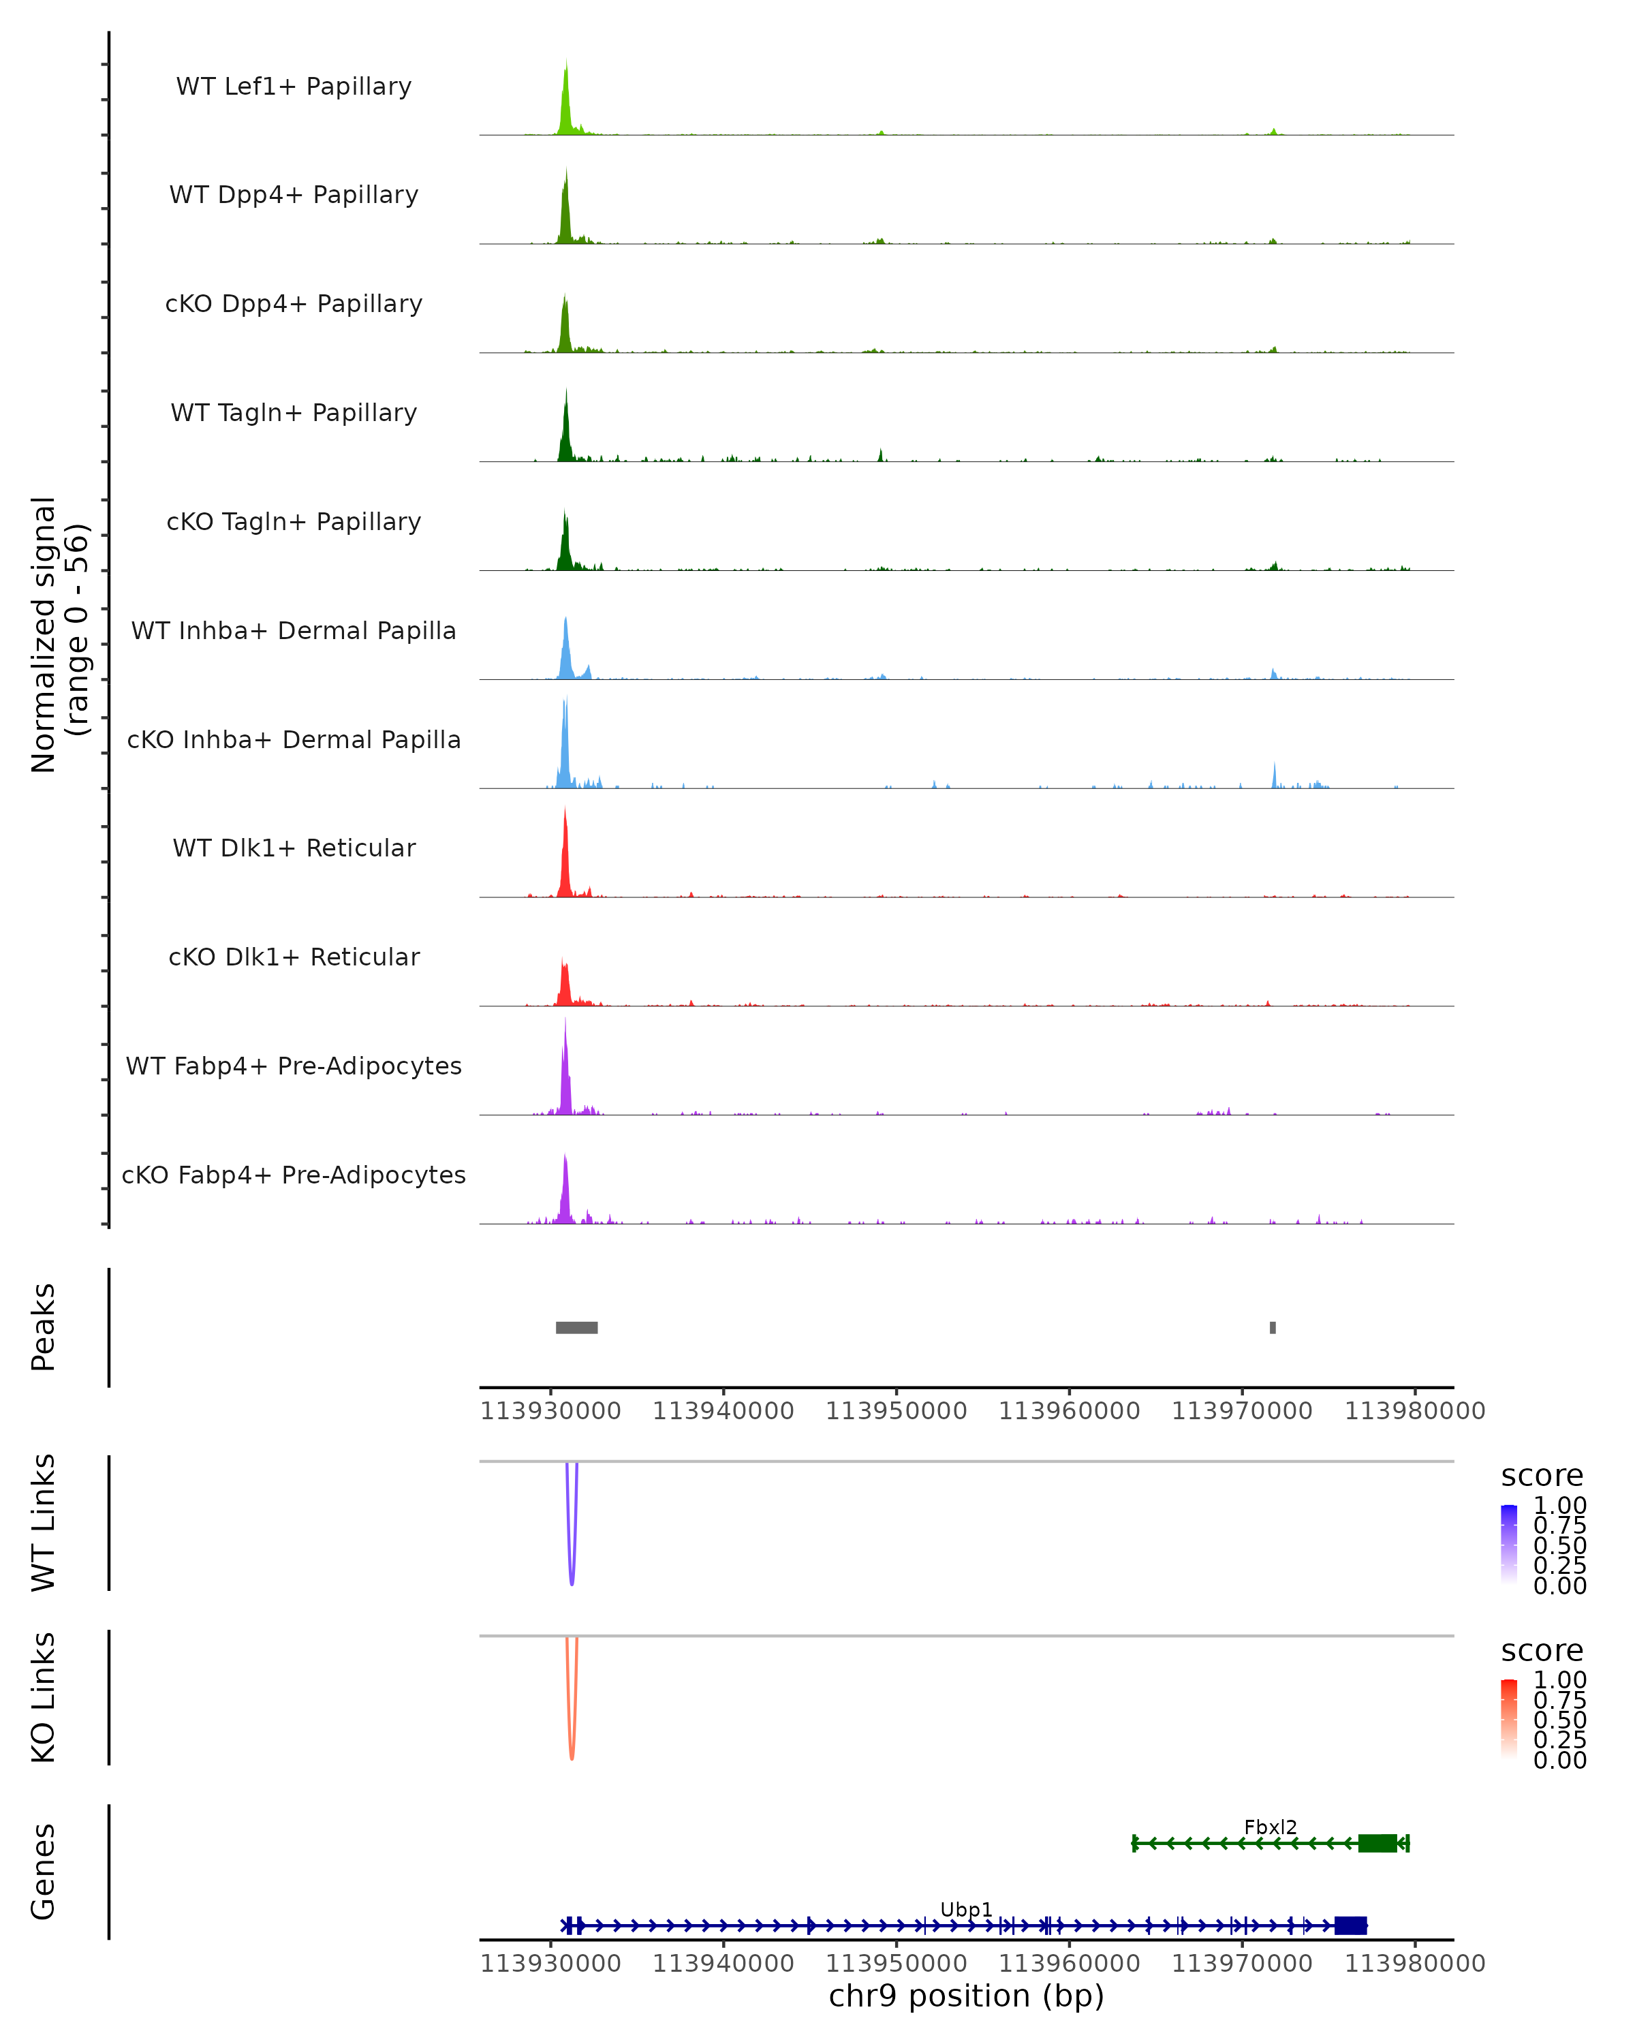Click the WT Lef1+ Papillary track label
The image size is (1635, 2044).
294,87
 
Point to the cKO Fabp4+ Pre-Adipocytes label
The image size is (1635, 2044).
294,1175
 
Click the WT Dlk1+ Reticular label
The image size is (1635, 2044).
294,848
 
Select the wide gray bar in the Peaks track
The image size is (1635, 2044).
576,1327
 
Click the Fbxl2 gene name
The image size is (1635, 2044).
1270,1827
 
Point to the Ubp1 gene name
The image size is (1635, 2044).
966,1909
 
